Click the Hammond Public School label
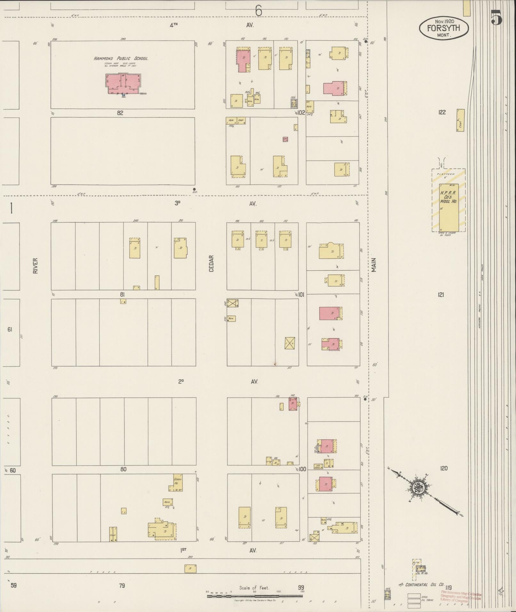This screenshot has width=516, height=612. [x=121, y=59]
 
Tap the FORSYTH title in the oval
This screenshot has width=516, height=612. [x=443, y=28]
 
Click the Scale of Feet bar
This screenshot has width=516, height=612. [x=255, y=596]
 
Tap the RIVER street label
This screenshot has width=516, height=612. [x=35, y=266]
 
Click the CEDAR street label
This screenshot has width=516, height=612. [x=211, y=263]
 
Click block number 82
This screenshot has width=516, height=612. [x=120, y=113]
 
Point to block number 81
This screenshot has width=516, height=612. [x=122, y=295]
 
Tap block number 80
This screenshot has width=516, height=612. [x=123, y=469]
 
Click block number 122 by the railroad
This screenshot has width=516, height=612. [x=442, y=112]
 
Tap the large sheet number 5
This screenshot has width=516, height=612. [x=496, y=17]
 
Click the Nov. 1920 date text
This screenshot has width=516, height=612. [x=444, y=21]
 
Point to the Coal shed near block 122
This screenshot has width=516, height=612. [x=460, y=120]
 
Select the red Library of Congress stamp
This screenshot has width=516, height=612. [x=461, y=597]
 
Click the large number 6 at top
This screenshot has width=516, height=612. [x=258, y=11]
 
